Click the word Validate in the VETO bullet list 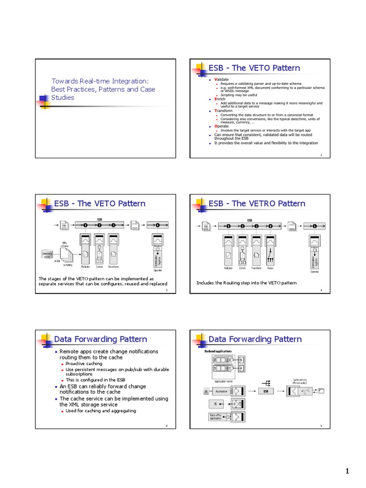(222, 79)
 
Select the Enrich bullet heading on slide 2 (220, 99)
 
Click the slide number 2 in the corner (321, 154)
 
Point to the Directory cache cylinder (47, 255)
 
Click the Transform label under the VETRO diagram (257, 269)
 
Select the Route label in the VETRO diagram (271, 269)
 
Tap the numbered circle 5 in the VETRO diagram (315, 226)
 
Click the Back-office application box (216, 417)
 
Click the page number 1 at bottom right (347, 471)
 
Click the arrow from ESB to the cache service (283, 391)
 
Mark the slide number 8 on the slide (166, 426)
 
